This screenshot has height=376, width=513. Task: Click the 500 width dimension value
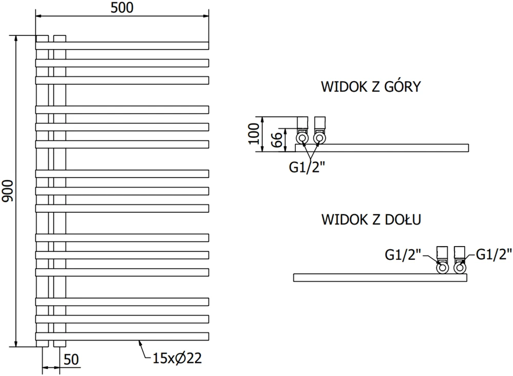coord(122,8)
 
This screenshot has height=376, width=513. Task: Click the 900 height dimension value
coord(8,191)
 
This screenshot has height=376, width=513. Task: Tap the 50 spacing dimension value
coord(71,360)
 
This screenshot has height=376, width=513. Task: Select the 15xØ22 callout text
coord(177,359)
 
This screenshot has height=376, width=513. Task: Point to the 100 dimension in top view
coord(254,134)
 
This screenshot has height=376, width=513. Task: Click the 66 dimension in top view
coord(277,140)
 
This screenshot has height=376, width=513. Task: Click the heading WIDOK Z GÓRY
coord(371,87)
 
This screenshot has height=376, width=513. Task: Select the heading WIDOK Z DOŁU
coord(371,219)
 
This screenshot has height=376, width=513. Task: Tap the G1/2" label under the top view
coord(307,167)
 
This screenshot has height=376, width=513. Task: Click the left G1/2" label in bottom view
coord(403,255)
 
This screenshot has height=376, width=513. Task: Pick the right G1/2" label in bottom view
coord(493,254)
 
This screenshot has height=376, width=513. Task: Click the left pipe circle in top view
coord(302,138)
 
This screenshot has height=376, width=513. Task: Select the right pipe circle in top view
coord(319,138)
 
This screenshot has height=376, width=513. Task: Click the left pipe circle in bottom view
coord(442,268)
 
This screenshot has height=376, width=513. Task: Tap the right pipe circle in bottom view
coord(460,268)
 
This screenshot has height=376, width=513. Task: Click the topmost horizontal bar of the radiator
coord(122,46)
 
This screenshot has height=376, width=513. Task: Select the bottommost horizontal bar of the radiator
coord(122,336)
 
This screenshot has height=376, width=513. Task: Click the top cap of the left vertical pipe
coord(42,39)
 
